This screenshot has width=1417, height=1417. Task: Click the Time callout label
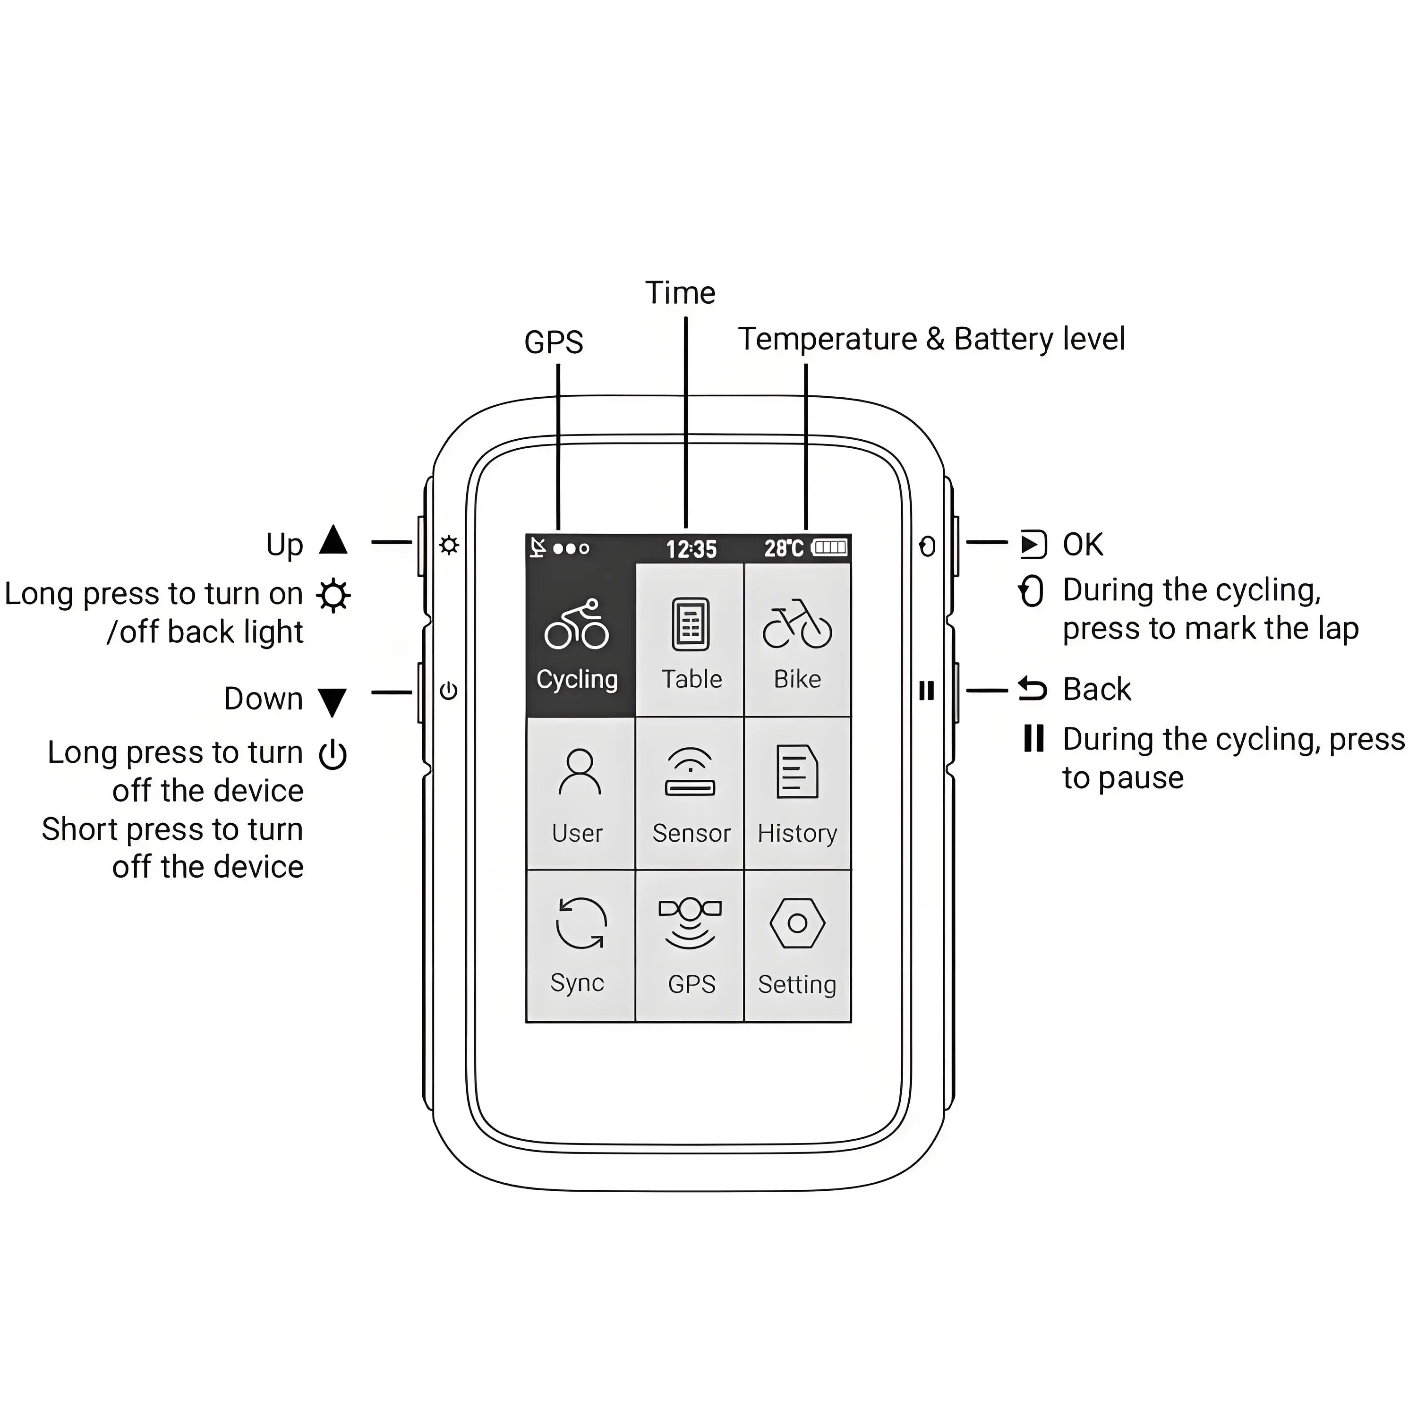pyautogui.click(x=680, y=293)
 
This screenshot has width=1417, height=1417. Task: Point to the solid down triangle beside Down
pyautogui.click(x=333, y=701)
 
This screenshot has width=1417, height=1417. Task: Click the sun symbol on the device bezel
pyautogui.click(x=449, y=546)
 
